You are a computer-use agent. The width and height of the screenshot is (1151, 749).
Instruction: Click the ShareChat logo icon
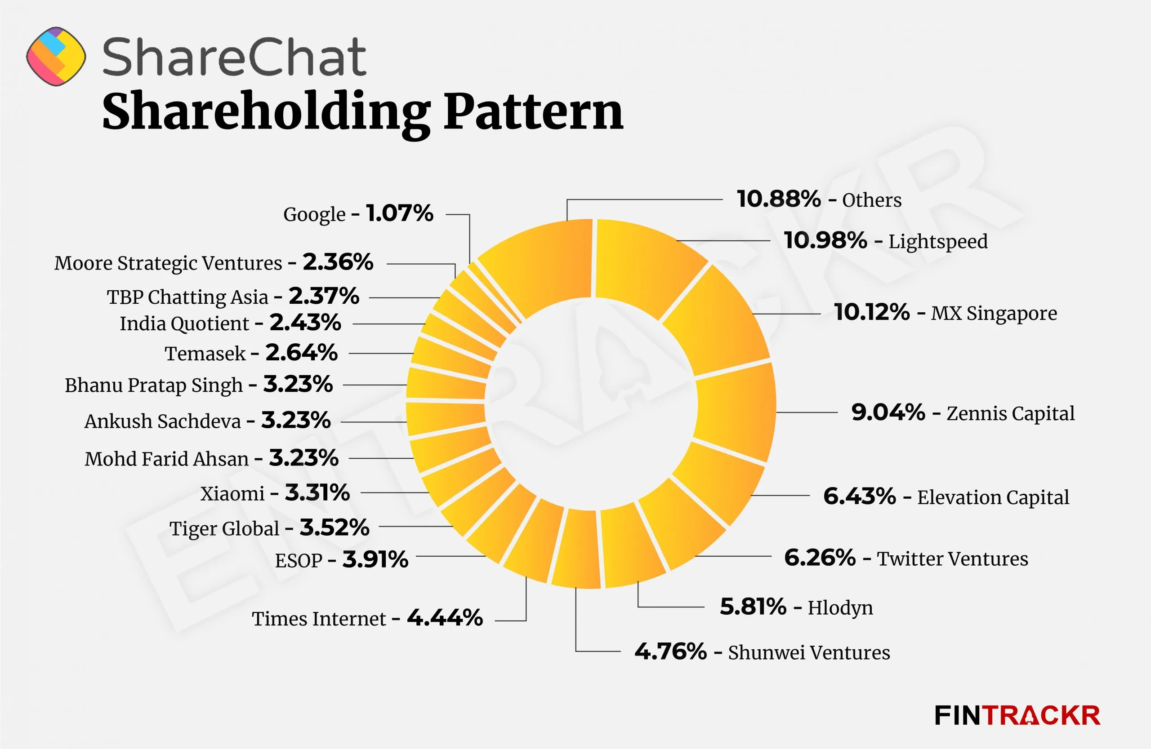tap(56, 57)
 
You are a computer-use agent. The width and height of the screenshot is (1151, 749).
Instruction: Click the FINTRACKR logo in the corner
tap(1017, 715)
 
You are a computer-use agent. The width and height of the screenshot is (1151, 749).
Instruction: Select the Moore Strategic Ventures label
tap(168, 263)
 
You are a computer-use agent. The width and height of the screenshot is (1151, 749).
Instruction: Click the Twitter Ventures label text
tap(952, 558)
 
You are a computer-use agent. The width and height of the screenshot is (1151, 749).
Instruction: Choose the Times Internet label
tap(319, 619)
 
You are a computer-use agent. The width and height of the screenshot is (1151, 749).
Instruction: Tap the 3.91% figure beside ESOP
tap(375, 559)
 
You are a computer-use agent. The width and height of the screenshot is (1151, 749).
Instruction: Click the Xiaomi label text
tap(232, 493)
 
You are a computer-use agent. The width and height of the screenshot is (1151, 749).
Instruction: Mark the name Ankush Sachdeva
tap(162, 421)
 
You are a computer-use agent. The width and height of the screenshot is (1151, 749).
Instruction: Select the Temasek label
tap(205, 353)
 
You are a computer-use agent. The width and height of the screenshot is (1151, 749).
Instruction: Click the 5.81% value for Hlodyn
tap(753, 607)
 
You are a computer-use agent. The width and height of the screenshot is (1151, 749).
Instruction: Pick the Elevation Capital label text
tap(993, 497)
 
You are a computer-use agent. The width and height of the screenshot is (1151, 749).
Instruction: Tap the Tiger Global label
tap(224, 528)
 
